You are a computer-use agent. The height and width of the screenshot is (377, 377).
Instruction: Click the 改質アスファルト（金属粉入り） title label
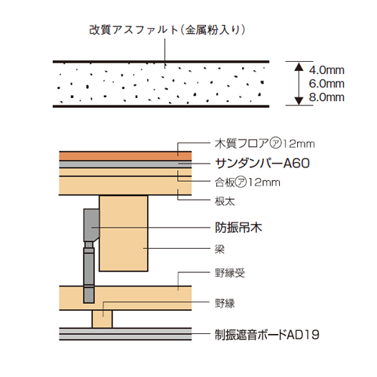point(167,30)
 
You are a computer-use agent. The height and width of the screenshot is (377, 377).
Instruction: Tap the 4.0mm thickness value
point(326,70)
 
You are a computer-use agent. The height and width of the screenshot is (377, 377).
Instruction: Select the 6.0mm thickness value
point(326,84)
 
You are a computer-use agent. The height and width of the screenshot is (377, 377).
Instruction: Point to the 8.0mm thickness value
point(326,97)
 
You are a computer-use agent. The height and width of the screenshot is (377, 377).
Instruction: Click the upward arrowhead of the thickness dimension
point(299,66)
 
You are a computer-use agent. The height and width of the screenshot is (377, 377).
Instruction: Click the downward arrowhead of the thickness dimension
point(299,100)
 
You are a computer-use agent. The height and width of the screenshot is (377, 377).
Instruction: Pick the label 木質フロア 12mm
point(265,144)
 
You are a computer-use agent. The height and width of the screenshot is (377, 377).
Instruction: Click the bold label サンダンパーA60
point(262,164)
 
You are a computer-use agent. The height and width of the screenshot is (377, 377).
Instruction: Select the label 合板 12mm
point(247,182)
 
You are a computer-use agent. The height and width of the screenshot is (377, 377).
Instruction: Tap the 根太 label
point(225,201)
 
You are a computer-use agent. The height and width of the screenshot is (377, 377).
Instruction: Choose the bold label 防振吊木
point(238,228)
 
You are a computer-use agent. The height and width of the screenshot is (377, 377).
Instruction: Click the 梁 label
point(219,249)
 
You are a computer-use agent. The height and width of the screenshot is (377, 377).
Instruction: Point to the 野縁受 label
point(230,273)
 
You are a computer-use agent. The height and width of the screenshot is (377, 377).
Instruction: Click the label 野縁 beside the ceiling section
point(225,303)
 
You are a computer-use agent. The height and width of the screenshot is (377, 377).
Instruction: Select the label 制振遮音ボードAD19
point(267,335)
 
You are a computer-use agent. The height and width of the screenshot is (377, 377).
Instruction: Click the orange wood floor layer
point(125,156)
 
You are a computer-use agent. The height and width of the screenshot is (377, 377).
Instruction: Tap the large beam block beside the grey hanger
point(124,234)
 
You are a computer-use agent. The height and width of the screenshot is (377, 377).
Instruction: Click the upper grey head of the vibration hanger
point(91,225)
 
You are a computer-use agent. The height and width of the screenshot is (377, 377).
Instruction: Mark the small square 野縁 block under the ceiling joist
point(102,319)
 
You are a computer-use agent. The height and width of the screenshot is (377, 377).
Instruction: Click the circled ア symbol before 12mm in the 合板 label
point(241,182)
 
